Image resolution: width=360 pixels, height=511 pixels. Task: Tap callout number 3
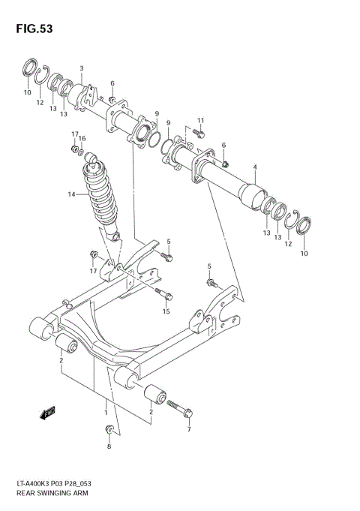(82, 68)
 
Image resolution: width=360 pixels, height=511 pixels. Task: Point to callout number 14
(72, 194)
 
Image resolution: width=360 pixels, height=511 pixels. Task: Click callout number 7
(188, 429)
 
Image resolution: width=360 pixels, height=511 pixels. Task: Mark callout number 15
(166, 311)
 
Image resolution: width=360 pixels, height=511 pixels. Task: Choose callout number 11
(200, 120)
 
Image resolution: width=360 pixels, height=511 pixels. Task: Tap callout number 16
(82, 138)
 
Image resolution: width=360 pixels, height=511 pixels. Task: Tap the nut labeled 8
(109, 430)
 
